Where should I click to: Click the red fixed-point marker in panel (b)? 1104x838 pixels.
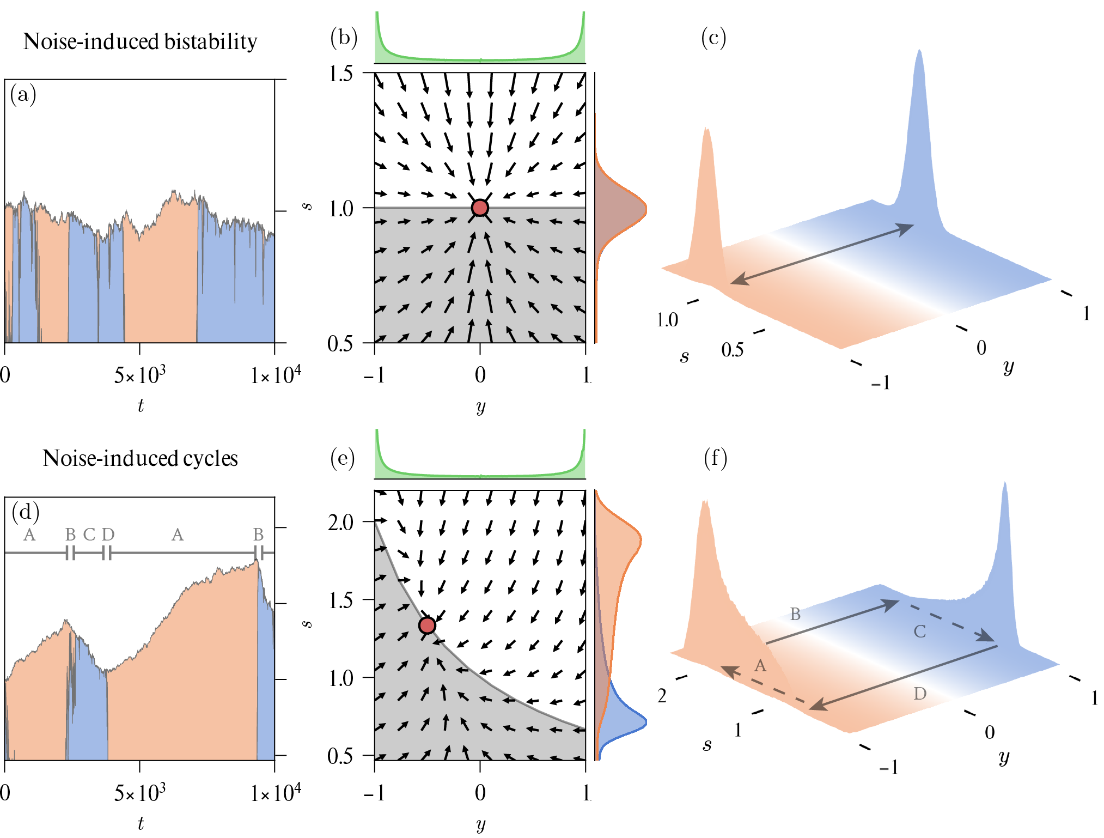(x=480, y=208)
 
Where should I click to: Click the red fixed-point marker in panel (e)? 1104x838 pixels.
(x=428, y=626)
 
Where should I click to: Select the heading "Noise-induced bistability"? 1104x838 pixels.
(x=140, y=42)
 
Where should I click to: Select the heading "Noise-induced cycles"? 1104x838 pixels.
(x=140, y=459)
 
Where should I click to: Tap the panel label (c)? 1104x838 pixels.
(x=713, y=38)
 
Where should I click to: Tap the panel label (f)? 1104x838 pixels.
(x=715, y=458)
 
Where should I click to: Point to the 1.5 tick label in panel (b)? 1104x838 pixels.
(x=341, y=74)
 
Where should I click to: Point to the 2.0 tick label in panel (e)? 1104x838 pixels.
(x=341, y=523)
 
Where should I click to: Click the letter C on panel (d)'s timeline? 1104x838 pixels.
(x=89, y=535)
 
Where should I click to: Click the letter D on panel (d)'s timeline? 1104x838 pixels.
(x=108, y=535)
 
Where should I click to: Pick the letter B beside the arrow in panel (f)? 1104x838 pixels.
(x=795, y=615)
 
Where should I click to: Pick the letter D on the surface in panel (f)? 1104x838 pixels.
(x=920, y=694)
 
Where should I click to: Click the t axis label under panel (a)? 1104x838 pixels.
(x=141, y=406)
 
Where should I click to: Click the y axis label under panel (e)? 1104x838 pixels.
(x=480, y=824)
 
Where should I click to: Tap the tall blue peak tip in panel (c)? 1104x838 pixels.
(x=919, y=52)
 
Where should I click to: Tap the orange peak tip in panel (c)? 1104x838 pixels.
(x=706, y=130)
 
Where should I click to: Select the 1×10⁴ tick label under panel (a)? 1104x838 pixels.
(x=276, y=375)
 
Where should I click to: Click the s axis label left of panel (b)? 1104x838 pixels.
(x=308, y=207)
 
